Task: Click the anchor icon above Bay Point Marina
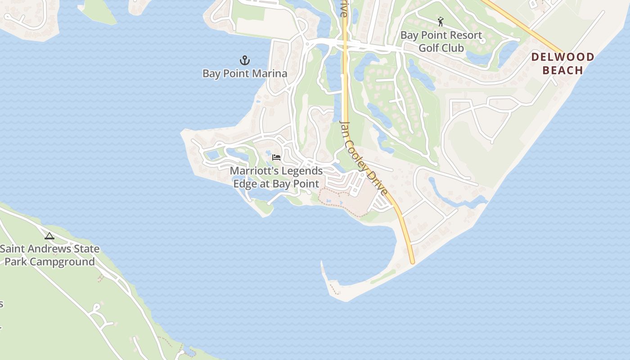(244, 60)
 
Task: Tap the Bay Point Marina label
(244, 73)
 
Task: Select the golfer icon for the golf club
(441, 21)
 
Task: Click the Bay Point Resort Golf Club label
(441, 41)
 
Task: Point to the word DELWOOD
(562, 57)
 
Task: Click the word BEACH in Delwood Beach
(562, 70)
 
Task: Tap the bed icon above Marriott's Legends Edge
(276, 157)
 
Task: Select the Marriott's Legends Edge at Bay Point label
(276, 177)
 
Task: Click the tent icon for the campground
(49, 236)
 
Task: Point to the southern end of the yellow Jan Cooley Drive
(412, 261)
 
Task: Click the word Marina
(270, 73)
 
